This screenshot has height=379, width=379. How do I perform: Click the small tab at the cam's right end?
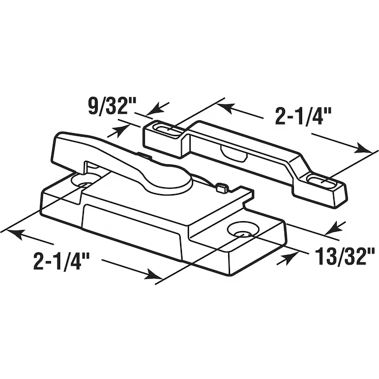pyautogui.click(x=221, y=187)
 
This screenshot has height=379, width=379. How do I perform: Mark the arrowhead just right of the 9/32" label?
pyautogui.click(x=140, y=109)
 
